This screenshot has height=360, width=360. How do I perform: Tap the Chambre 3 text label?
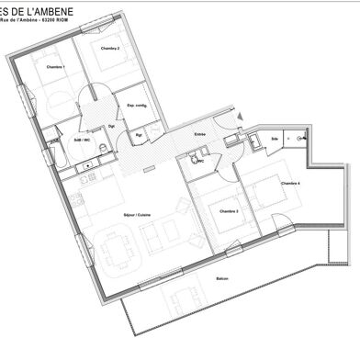229,211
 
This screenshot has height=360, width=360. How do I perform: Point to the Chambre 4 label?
291,184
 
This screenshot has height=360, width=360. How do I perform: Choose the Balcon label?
222,279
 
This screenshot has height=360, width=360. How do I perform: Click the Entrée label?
198,135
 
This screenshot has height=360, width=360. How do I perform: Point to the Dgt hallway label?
111,126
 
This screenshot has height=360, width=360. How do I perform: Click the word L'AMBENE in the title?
48,10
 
